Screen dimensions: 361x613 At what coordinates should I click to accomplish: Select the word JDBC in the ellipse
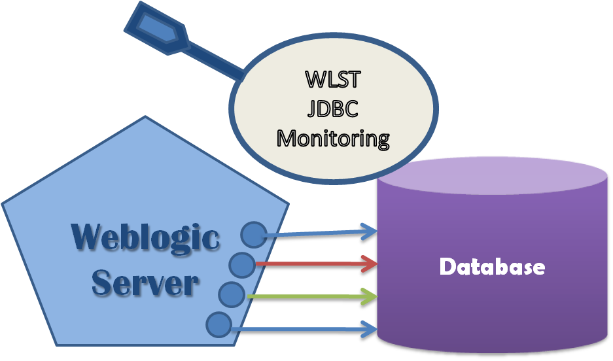coord(332,108)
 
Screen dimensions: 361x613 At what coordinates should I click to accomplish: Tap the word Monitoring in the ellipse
coord(332,138)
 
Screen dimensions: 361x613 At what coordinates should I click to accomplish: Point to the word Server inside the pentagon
coord(145,282)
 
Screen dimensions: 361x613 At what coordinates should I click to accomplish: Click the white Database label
coord(492,266)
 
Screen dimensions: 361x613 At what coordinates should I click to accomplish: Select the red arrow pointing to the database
coord(314,264)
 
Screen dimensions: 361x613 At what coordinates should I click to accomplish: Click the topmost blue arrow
coord(321,232)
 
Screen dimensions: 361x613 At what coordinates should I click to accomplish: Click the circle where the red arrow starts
coord(243,264)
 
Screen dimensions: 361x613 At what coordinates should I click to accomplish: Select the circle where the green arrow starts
coord(231,295)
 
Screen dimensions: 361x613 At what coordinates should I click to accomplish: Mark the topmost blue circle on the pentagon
coord(254,233)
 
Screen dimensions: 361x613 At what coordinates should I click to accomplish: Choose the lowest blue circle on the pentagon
coord(219,324)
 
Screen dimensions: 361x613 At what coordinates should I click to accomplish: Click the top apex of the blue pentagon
coord(145,118)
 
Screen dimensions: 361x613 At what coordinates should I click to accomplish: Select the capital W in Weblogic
coord(87,237)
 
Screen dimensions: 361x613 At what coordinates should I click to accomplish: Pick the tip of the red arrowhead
coord(379,264)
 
